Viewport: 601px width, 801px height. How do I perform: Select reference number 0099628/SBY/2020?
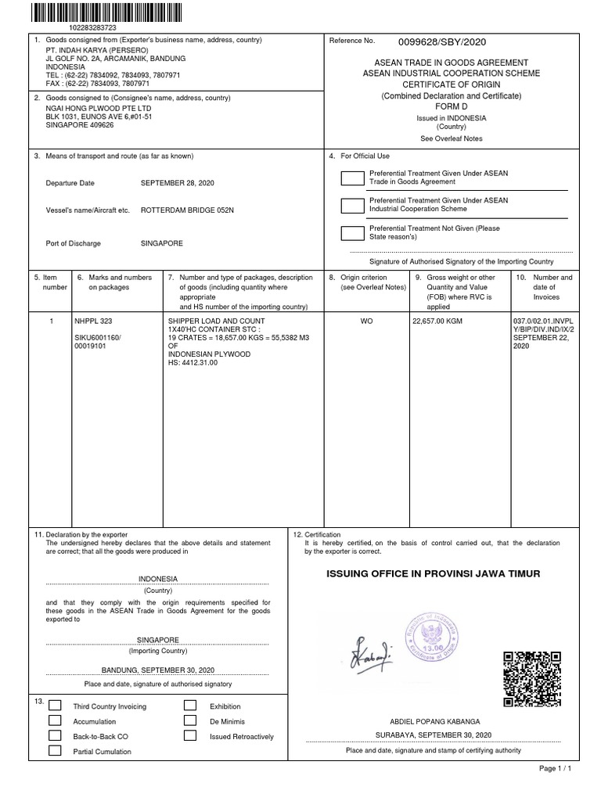(437, 42)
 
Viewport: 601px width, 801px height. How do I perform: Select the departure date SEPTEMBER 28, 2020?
(177, 182)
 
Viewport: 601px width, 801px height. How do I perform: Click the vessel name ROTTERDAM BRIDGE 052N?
(188, 211)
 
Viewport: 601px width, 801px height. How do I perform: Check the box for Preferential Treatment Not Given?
(352, 232)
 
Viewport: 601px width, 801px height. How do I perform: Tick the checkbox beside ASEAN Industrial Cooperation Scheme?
(352, 205)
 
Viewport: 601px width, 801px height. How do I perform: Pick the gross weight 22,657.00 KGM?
(437, 321)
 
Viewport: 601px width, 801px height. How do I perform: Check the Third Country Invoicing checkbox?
(55, 706)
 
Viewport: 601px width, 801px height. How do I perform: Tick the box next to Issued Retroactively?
(190, 736)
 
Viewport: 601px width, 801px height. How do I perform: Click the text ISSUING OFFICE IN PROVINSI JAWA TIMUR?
(433, 574)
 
